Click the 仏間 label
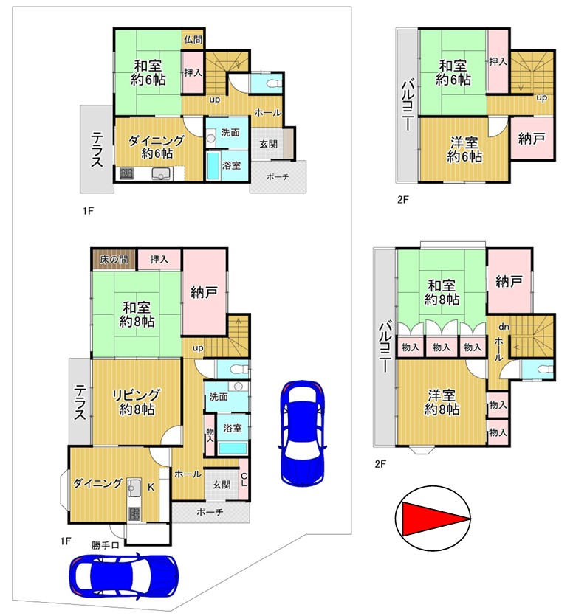193,39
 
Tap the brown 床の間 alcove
114,259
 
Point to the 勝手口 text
105,545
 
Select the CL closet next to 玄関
244,480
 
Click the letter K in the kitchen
151,487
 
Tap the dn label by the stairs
504,327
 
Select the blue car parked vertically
302,433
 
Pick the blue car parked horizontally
124,575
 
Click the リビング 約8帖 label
137,402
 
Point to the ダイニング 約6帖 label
157,147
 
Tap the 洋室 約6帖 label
464,149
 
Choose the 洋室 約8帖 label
442,402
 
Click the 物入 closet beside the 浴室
210,435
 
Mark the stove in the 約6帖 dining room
126,173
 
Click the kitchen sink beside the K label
134,488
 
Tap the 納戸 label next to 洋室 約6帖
532,138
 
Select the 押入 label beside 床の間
159,259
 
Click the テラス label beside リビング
80,402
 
